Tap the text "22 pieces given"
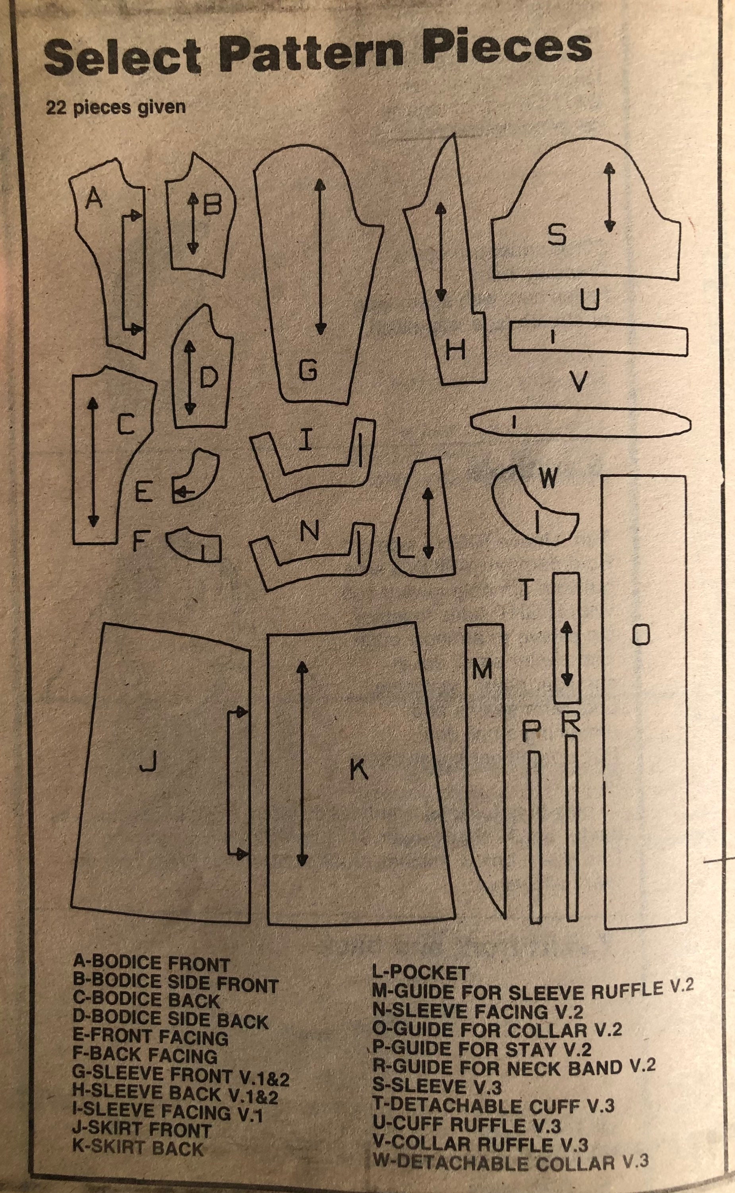[116, 107]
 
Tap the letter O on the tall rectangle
[641, 635]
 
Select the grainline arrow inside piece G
[319, 256]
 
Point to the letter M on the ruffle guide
[482, 671]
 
